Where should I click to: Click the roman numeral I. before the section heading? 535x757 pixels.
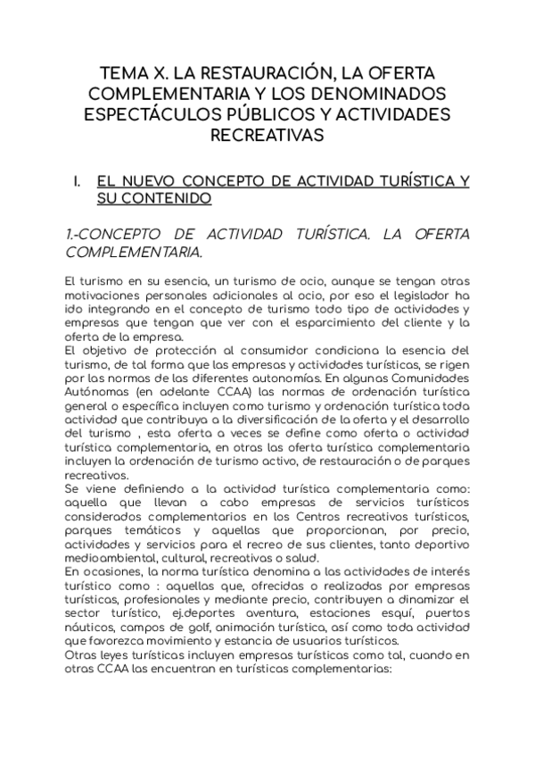click(x=78, y=181)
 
